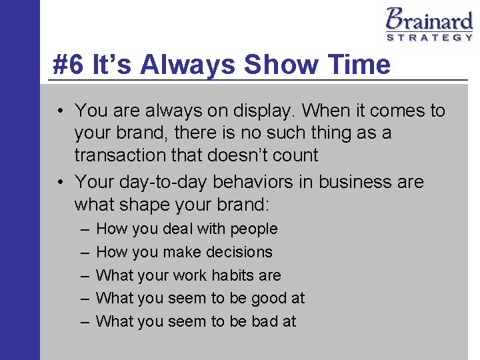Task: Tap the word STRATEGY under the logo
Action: pyautogui.click(x=430, y=38)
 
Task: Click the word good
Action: pyautogui.click(x=269, y=299)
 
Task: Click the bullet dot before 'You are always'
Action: pyautogui.click(x=61, y=111)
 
